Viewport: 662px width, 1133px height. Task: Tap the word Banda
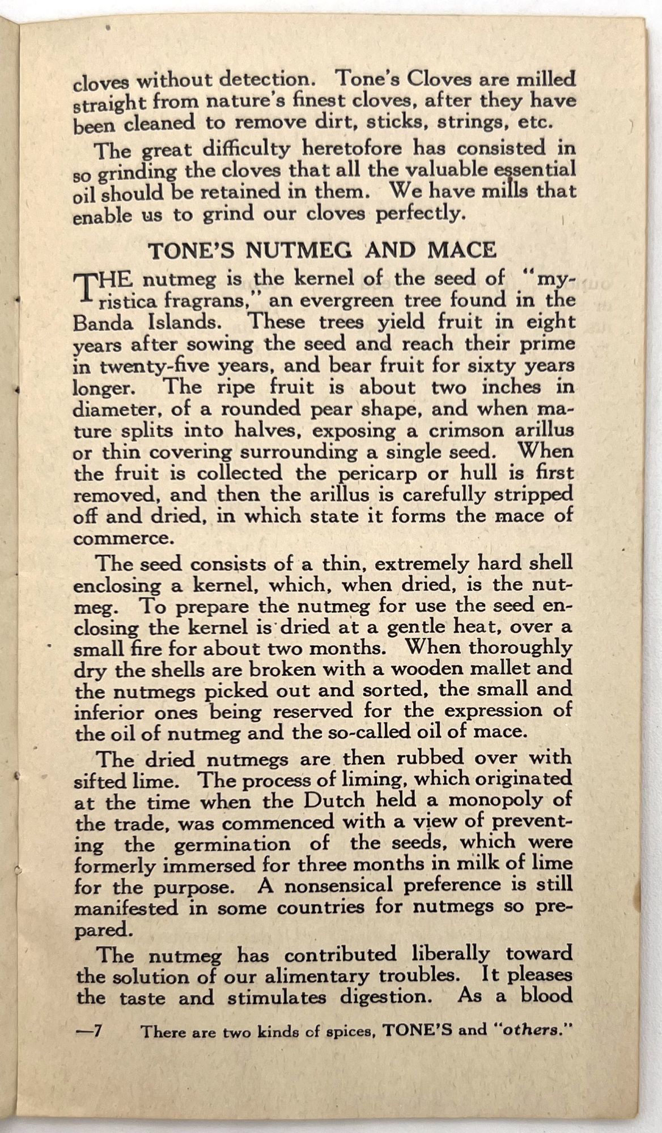(103, 322)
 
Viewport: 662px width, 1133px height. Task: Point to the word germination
(233, 844)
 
